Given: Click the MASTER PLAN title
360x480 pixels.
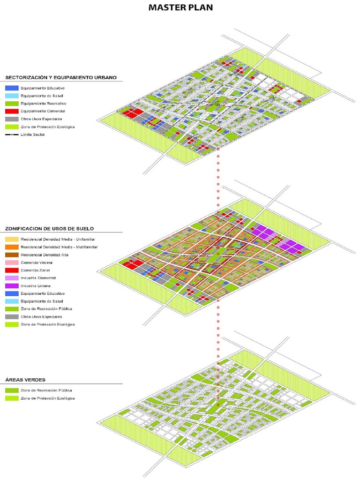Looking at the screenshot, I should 180,8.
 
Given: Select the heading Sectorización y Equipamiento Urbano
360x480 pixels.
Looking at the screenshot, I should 61,77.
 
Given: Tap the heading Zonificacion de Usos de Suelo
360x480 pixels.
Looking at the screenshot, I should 50,229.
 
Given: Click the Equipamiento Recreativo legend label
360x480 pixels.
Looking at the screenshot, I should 43,103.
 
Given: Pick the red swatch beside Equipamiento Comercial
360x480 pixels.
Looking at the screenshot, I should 12,111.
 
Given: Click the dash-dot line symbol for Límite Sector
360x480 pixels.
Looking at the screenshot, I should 12,135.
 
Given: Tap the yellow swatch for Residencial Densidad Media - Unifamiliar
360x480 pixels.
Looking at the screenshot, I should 12,240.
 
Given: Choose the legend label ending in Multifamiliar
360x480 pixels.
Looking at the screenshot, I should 59,247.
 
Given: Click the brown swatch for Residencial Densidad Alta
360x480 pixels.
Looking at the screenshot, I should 12,255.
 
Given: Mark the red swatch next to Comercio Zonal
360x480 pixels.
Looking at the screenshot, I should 12,270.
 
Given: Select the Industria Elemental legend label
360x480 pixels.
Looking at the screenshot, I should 39,278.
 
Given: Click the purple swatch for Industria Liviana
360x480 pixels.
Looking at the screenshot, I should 12,286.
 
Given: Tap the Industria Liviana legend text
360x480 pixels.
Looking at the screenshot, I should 36,286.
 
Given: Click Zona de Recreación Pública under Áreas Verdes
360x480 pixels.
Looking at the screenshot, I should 46,390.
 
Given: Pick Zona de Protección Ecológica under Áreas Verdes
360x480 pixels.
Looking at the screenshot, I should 47,398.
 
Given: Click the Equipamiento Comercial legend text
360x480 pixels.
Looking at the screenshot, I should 43,111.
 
